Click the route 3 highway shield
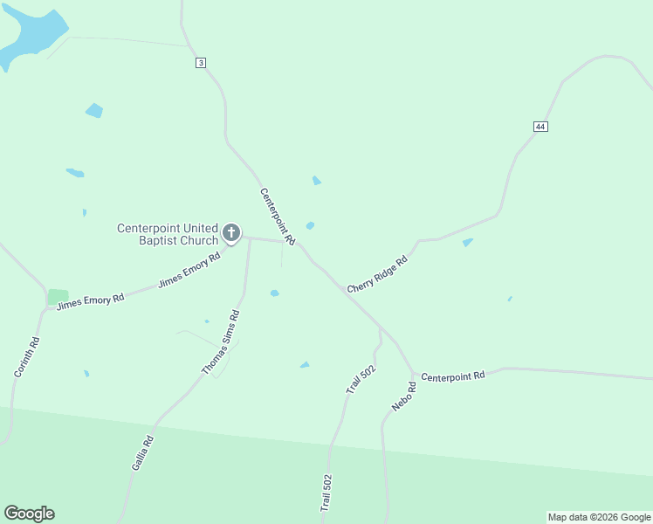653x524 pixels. pyautogui.click(x=201, y=63)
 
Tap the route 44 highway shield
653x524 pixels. pyautogui.click(x=540, y=127)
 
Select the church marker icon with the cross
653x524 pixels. pyautogui.click(x=230, y=232)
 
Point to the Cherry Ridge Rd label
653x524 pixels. pyautogui.click(x=377, y=274)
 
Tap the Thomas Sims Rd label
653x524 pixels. pyautogui.click(x=220, y=342)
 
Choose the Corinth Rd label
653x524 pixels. pyautogui.click(x=27, y=357)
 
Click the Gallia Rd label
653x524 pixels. pyautogui.click(x=142, y=453)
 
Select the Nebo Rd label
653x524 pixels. pyautogui.click(x=403, y=396)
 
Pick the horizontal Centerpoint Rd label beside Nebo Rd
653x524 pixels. pyautogui.click(x=452, y=376)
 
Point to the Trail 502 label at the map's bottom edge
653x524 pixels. pyautogui.click(x=326, y=493)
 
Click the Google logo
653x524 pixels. pyautogui.click(x=29, y=514)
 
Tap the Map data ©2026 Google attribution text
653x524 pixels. pyautogui.click(x=599, y=517)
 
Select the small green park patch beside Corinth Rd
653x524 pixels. pyautogui.click(x=58, y=297)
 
